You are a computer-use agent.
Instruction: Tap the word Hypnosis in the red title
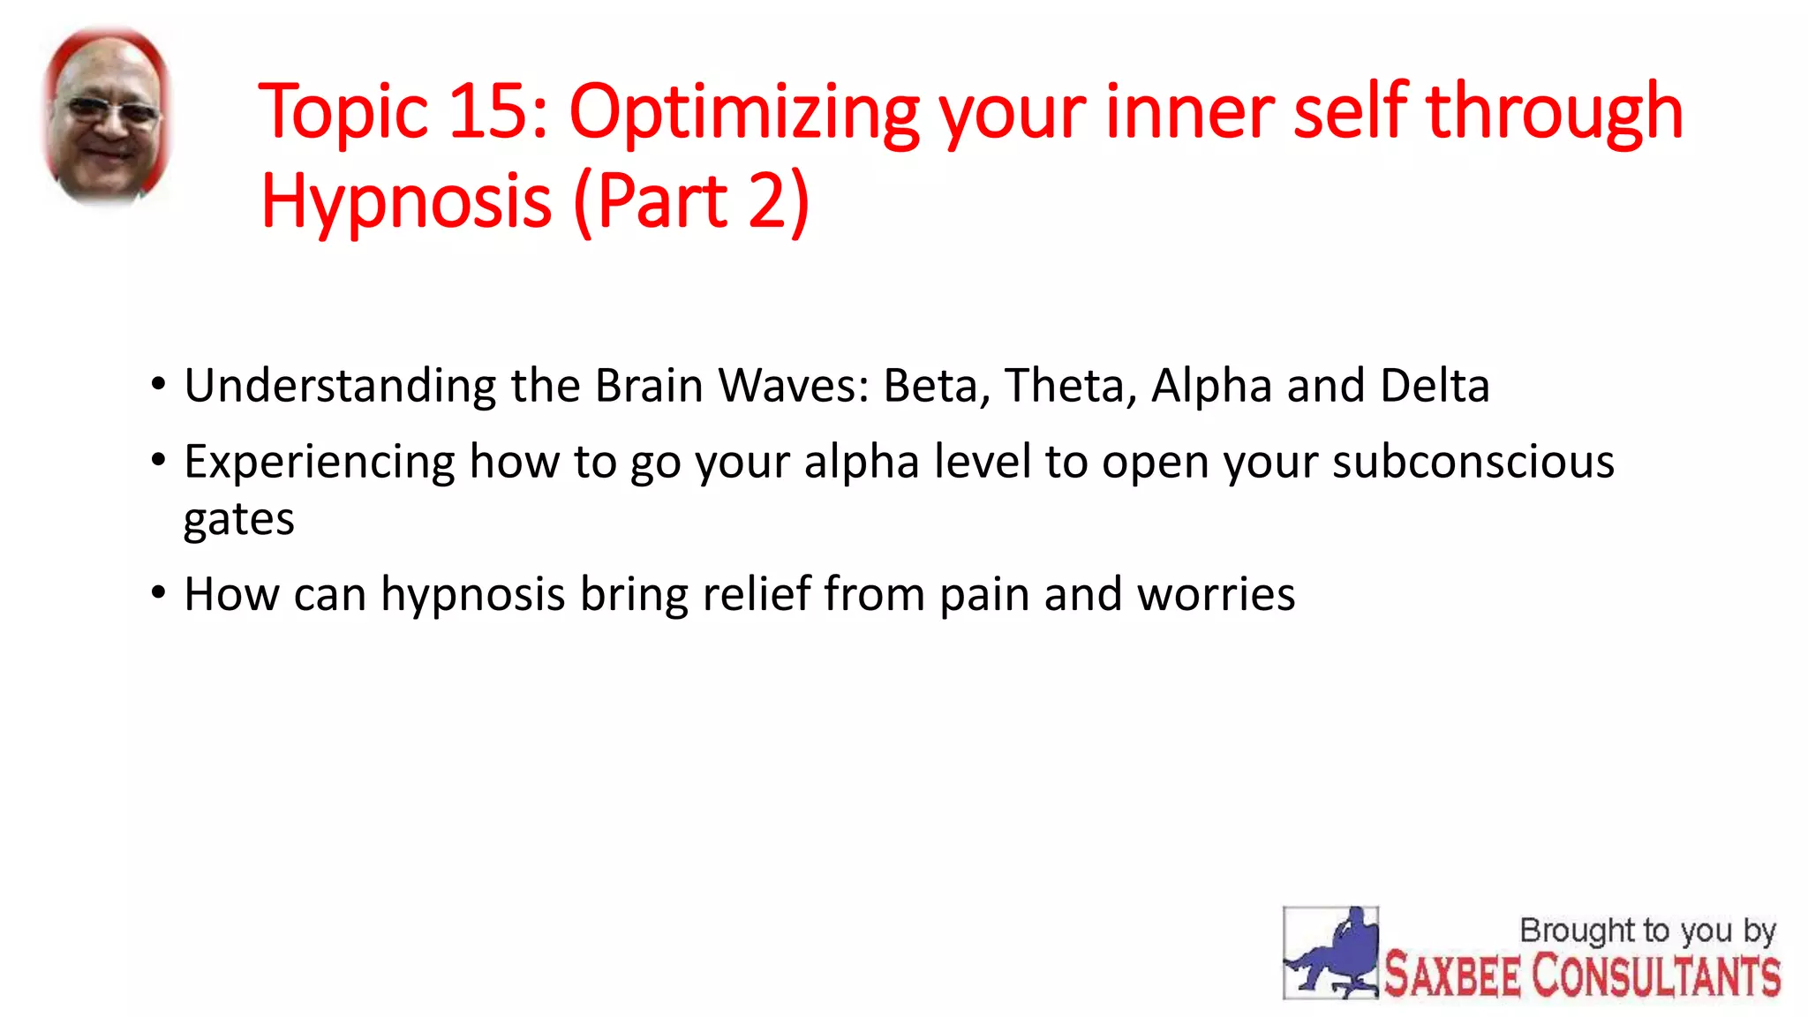pos(406,201)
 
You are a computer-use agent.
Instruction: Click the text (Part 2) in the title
pos(690,201)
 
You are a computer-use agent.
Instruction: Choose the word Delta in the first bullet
pos(1435,387)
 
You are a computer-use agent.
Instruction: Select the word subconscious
pos(1473,462)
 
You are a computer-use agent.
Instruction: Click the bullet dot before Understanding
pos(158,385)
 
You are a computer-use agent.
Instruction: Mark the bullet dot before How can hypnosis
pos(158,593)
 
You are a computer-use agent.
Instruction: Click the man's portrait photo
pos(108,117)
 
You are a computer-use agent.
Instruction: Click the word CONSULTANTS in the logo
pos(1655,976)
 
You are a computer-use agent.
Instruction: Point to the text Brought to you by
pos(1646,930)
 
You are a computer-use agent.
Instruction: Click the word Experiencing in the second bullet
pos(319,462)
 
